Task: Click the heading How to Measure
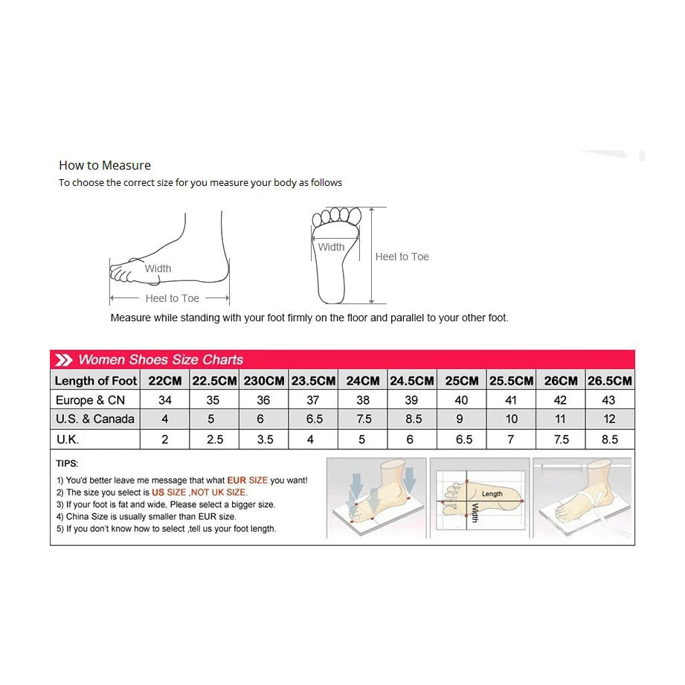point(105,165)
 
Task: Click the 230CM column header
point(264,381)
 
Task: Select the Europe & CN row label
point(90,400)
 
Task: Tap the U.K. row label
point(68,440)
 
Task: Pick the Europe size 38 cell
point(363,400)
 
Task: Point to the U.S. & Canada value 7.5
point(363,419)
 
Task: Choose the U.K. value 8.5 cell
point(610,440)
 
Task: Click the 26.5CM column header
point(610,381)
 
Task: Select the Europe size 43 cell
point(610,400)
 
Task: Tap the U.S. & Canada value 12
point(610,419)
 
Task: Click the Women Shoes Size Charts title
point(161,360)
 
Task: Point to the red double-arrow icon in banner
point(64,360)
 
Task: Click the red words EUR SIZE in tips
point(247,480)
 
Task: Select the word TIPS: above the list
point(67,463)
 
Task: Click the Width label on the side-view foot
point(158,268)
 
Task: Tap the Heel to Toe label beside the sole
point(402,257)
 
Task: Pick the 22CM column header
point(164,381)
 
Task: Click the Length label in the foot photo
point(492,494)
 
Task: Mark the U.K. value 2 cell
point(164,440)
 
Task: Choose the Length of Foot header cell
point(96,381)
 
